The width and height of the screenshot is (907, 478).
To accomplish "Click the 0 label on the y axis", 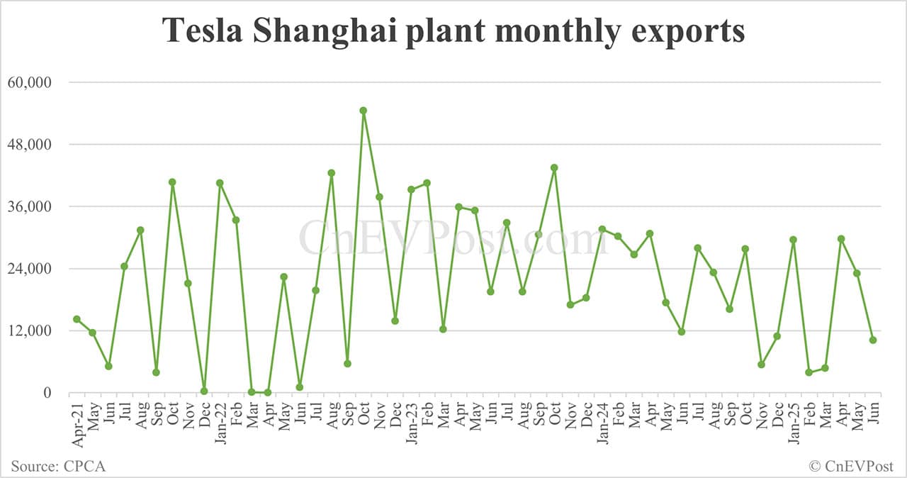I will pos(47,393).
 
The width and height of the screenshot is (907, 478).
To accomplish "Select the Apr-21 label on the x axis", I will pos(77,423).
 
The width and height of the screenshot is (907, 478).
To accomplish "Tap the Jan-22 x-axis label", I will pos(220,423).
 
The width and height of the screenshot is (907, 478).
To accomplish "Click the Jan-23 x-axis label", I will pos(412,423).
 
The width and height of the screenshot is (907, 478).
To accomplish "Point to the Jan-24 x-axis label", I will pos(603,423).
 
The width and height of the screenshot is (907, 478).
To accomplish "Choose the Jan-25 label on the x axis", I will pos(794,423).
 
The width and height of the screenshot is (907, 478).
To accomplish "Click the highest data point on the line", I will pos(364,111).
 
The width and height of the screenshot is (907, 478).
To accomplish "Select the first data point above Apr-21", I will pos(77,319).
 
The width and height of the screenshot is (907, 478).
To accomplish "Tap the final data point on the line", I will pos(873,340).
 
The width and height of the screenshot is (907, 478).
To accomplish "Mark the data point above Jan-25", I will pos(794,240).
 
